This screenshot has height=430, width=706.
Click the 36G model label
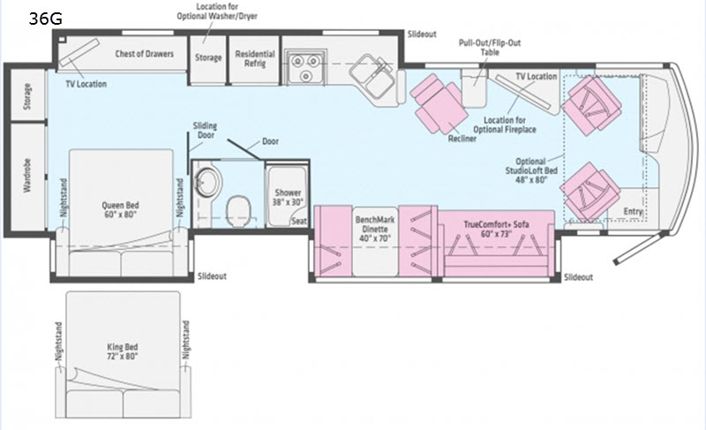pos(46,19)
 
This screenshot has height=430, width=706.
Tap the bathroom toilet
pos(238,211)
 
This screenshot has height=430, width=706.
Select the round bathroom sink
pos(207,182)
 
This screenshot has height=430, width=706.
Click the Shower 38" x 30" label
pos(288,197)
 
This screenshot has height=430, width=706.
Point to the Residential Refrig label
pos(255,58)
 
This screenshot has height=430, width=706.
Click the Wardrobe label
pos(27,175)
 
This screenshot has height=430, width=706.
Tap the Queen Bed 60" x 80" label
pos(120,210)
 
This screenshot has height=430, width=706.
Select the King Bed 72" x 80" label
pos(123,351)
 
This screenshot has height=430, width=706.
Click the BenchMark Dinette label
pos(374,229)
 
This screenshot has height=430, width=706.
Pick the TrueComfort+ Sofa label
pos(497,229)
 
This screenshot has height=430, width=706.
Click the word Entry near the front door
pos(633,211)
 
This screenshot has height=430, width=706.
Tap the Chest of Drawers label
pos(144,54)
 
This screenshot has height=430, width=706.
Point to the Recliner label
pos(462,139)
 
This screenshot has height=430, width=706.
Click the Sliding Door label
pos(205,130)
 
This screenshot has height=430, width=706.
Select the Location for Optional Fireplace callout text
pos(505,124)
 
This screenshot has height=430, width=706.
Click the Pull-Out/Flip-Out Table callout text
pos(490,48)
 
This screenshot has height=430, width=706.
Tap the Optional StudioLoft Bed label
pos(531,170)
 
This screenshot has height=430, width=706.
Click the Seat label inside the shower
pos(299,221)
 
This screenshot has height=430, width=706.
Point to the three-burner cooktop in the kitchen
pos(304,66)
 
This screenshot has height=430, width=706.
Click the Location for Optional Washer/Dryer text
pos(217,11)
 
